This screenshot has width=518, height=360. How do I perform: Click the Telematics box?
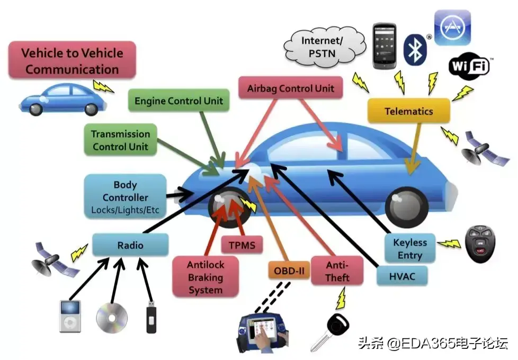tap(408, 111)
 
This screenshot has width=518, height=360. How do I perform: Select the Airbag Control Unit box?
tap(291, 88)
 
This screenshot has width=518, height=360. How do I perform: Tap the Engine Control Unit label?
tap(179, 101)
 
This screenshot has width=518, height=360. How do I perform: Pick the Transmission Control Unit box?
tap(120, 140)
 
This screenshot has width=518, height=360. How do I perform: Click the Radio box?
tap(130, 245)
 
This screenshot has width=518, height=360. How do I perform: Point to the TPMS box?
tap(242, 245)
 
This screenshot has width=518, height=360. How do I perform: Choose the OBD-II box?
tap(289, 271)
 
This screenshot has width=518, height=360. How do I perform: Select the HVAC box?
tap(401, 275)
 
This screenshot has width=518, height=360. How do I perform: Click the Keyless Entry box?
tap(410, 249)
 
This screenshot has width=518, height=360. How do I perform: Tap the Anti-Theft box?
tap(337, 271)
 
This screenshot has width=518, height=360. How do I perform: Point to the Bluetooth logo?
tap(415, 49)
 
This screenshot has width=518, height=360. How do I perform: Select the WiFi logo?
tap(469, 67)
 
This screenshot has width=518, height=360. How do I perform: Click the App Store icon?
tap(452, 26)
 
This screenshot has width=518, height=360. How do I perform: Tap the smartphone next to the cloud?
tap(385, 46)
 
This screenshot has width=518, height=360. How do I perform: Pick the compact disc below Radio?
tap(112, 317)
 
